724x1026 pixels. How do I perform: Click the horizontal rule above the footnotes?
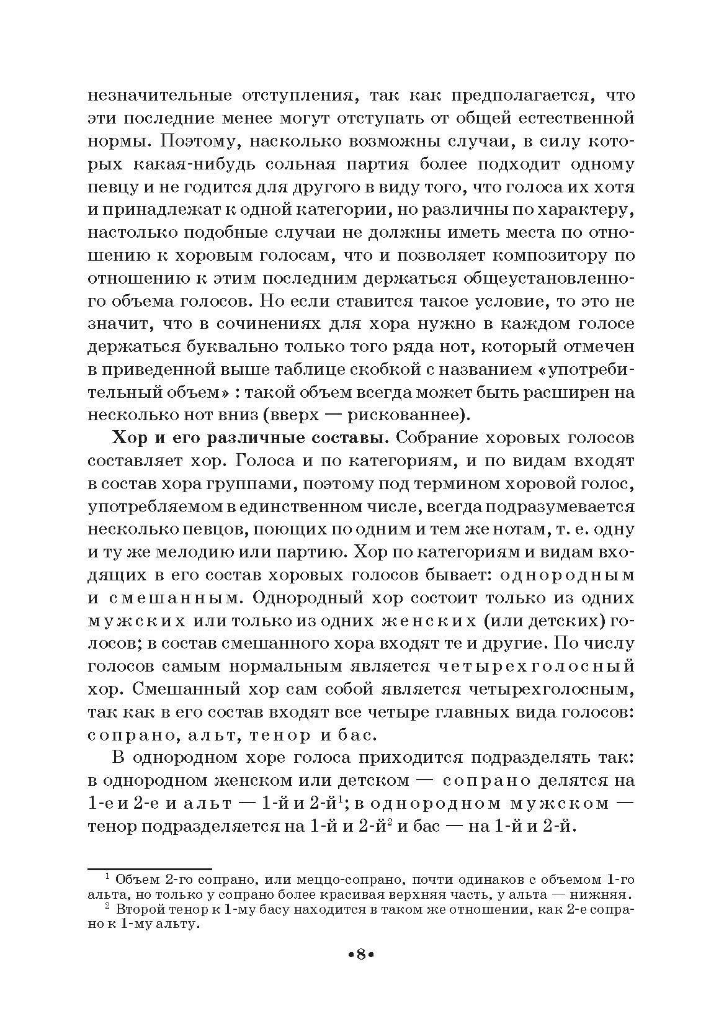click(150, 869)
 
